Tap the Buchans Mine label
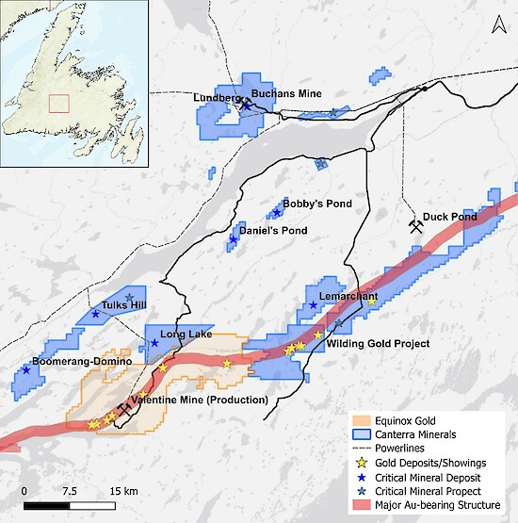click(286, 93)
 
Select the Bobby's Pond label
click(309, 204)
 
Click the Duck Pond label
click(449, 217)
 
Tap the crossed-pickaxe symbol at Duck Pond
click(415, 226)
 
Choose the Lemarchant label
click(348, 297)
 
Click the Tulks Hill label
click(124, 305)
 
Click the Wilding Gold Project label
click(378, 344)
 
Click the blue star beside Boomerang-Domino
click(26, 370)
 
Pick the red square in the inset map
click(59, 103)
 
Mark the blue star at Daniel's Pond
click(233, 239)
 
